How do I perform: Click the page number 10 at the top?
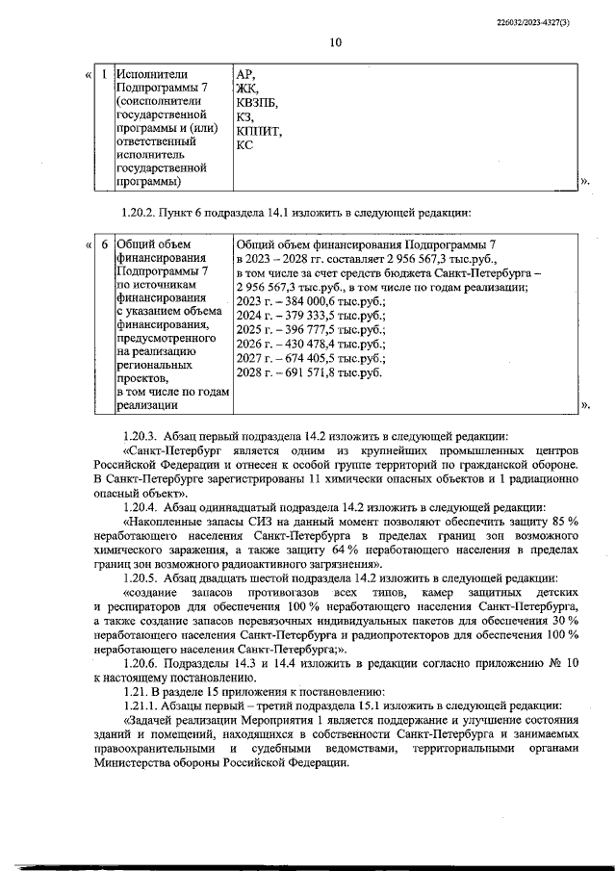[335, 41]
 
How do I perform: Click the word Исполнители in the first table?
[151, 74]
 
